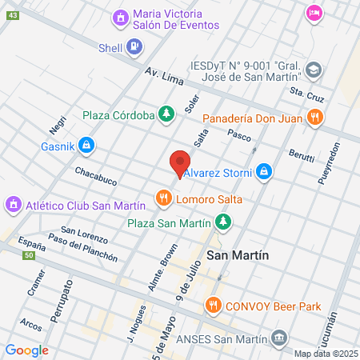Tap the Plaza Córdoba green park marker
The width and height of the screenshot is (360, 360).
[166, 114]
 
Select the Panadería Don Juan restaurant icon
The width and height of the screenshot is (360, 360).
[316, 118]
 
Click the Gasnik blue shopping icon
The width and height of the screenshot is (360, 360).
[87, 146]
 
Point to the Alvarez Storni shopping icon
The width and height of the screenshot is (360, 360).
[265, 170]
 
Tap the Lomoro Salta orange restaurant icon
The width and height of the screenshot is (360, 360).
[163, 197]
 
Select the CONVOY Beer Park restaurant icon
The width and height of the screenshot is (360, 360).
[213, 305]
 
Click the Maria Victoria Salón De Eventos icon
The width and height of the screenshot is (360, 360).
[121, 16]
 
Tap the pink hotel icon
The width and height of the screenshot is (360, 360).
[314, 13]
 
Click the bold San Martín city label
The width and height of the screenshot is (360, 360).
[237, 255]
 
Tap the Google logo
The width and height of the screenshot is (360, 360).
[26, 350]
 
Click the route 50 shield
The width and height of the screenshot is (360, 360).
[29, 255]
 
